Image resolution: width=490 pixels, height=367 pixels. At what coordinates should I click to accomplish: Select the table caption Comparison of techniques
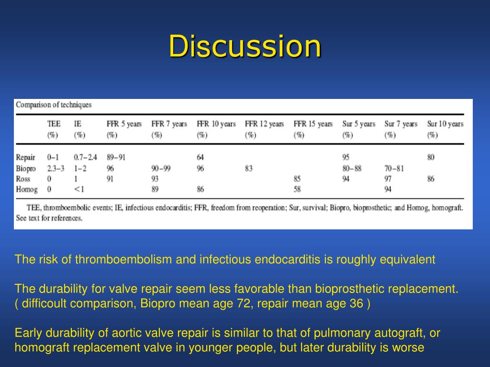pyautogui.click(x=54, y=105)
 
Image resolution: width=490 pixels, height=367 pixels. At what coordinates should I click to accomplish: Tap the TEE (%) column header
pyautogui.click(x=54, y=129)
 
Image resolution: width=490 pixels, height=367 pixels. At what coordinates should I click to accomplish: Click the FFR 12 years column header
pyautogui.click(x=264, y=129)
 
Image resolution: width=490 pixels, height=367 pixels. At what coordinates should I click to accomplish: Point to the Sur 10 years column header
pyautogui.click(x=445, y=129)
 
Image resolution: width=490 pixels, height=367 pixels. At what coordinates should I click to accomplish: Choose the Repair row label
pyautogui.click(x=26, y=157)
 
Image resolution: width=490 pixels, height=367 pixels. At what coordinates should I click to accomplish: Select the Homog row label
pyautogui.click(x=27, y=189)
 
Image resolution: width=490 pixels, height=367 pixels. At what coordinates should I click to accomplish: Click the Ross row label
pyautogui.click(x=23, y=179)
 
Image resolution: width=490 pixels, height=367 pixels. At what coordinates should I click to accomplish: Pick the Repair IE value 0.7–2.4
pyautogui.click(x=85, y=157)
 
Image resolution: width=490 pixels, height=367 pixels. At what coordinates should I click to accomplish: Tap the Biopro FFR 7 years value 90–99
pyautogui.click(x=161, y=169)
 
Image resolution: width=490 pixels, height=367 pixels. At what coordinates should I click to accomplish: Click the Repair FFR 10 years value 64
pyautogui.click(x=200, y=157)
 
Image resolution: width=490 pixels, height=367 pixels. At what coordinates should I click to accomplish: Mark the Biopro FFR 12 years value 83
pyautogui.click(x=249, y=169)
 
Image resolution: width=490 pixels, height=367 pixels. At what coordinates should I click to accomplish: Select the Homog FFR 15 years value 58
pyautogui.click(x=297, y=189)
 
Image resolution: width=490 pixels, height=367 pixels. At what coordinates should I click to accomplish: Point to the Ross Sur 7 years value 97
pyautogui.click(x=388, y=179)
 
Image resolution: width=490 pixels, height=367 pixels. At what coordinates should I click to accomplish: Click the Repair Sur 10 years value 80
pyautogui.click(x=431, y=157)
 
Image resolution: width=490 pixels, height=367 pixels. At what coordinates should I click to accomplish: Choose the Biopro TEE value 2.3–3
pyautogui.click(x=56, y=169)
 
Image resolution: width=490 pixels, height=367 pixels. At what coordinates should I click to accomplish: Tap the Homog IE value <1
pyautogui.click(x=79, y=189)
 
